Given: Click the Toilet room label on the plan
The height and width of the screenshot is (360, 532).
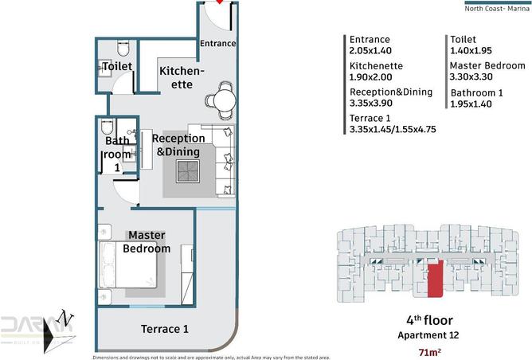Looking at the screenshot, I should pyautogui.click(x=116, y=67).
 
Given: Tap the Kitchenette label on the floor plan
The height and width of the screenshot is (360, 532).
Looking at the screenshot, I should pyautogui.click(x=182, y=78).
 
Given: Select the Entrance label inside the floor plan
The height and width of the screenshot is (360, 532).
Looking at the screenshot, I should pyautogui.click(x=217, y=44).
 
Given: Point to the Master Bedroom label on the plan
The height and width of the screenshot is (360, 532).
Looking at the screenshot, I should pyautogui.click(x=147, y=242).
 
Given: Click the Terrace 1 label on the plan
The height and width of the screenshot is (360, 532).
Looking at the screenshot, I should pyautogui.click(x=164, y=329).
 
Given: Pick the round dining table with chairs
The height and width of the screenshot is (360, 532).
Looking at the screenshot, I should pyautogui.click(x=221, y=100).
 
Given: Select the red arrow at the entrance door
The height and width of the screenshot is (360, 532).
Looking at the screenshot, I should pyautogui.click(x=220, y=3).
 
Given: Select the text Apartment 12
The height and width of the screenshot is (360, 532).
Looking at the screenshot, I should pyautogui.click(x=429, y=335).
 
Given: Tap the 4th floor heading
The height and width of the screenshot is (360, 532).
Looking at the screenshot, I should pyautogui.click(x=429, y=321).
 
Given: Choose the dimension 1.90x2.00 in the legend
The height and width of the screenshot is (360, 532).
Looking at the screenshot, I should pyautogui.click(x=371, y=78).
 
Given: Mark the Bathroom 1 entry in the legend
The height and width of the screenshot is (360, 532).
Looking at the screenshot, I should pyautogui.click(x=475, y=92).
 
